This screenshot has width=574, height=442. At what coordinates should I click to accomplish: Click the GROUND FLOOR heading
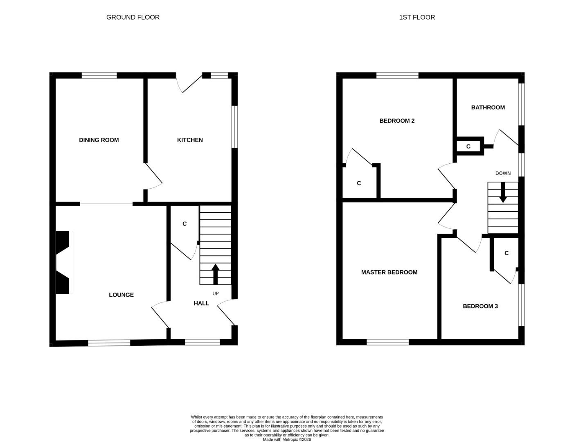point(133,17)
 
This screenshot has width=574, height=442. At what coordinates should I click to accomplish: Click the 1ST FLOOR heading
point(417,17)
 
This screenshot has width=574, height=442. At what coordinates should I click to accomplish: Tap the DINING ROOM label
point(99,140)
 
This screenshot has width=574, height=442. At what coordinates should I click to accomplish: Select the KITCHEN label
point(190,140)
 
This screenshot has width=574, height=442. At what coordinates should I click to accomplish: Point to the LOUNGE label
point(121,295)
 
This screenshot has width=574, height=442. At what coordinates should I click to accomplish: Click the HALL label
point(201,303)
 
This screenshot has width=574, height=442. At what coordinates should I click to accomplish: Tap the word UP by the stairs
point(216,293)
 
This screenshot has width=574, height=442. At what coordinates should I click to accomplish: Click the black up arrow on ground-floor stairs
point(215,274)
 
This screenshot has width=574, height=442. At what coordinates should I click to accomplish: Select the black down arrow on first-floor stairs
point(503,192)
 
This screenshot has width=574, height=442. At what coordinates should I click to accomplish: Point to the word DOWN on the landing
point(503,173)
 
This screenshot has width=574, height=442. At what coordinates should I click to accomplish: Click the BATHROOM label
point(488,108)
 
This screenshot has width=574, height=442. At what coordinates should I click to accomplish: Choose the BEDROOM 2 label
point(397,121)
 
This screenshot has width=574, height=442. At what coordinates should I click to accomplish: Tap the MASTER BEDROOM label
point(389,272)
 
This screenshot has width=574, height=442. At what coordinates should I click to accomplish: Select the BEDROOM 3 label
point(480,306)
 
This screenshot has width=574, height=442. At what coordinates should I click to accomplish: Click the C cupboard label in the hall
point(185,224)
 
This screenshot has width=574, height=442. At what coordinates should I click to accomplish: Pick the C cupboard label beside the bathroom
point(468,147)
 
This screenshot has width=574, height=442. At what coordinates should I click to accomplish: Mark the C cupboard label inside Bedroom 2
point(359,183)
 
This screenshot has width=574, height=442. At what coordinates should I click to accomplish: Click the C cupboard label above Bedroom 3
point(506,253)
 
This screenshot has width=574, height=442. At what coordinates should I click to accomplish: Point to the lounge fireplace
point(63,262)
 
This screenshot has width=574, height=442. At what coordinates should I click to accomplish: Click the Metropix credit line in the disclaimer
point(287,440)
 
